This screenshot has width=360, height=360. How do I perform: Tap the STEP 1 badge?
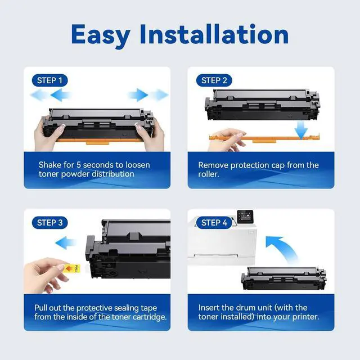[x=49, y=80]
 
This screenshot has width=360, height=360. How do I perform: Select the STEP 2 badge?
[x=214, y=80]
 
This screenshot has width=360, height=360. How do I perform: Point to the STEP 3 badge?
[x=49, y=223]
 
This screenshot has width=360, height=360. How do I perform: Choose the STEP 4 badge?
[x=214, y=223]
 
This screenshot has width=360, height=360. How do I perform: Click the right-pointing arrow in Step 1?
[x=147, y=94]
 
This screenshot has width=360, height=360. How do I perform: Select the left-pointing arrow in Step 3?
[x=67, y=243]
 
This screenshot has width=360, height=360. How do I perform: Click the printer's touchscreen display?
[x=246, y=216]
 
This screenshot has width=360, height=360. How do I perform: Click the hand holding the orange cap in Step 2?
[x=228, y=139]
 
